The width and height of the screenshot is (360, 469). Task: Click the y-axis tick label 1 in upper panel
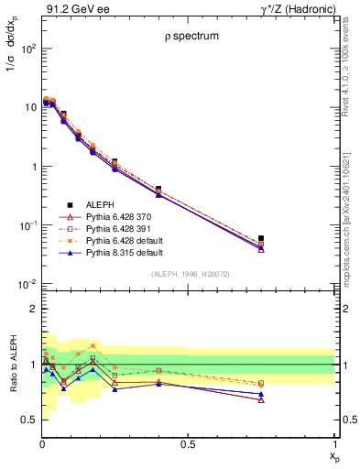(30, 167)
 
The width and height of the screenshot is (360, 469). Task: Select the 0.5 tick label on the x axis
(187, 444)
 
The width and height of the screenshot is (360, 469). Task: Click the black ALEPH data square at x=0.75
(261, 238)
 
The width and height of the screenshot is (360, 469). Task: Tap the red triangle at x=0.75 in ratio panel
(261, 399)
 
